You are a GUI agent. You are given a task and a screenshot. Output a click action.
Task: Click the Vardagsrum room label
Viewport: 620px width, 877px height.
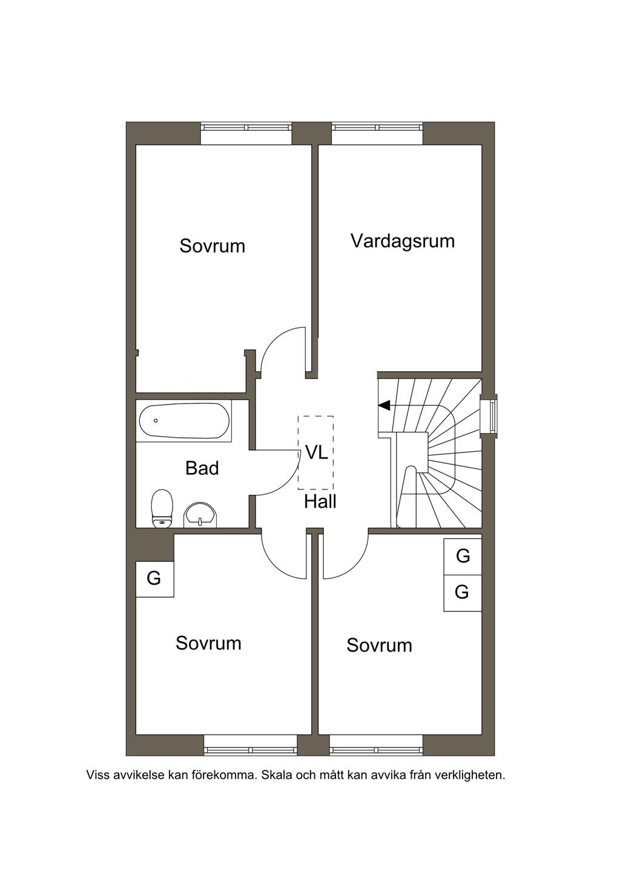pos(403,242)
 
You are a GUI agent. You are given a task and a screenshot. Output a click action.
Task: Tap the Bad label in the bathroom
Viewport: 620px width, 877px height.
pos(202,468)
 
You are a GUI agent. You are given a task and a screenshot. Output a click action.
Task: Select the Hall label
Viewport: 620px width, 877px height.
pos(320,501)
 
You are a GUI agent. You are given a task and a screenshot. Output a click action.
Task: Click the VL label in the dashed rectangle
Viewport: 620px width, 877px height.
pos(316,452)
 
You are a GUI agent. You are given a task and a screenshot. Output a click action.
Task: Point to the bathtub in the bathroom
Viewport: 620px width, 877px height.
pos(184,421)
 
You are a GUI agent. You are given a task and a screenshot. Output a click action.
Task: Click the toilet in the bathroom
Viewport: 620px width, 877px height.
pos(162,508)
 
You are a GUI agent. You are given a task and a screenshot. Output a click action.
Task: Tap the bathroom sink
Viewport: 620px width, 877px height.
pos(200,515)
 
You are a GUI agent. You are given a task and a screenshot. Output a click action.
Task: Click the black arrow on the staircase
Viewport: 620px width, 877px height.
pos(384,405)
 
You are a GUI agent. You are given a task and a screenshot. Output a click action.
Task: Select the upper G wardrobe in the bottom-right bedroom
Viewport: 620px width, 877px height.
pos(462,557)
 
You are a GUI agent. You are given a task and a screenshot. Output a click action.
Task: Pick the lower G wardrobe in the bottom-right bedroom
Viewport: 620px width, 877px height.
pos(462,593)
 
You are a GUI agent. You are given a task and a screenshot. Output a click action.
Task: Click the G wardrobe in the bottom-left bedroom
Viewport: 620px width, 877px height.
pos(154,579)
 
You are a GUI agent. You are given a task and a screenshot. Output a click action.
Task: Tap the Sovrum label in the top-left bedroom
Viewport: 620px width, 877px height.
pos(212,246)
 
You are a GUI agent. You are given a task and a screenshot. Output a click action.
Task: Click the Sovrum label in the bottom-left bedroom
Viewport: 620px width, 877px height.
pos(208,643)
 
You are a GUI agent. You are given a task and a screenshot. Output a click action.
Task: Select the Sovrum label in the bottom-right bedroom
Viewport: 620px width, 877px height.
pos(379,645)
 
